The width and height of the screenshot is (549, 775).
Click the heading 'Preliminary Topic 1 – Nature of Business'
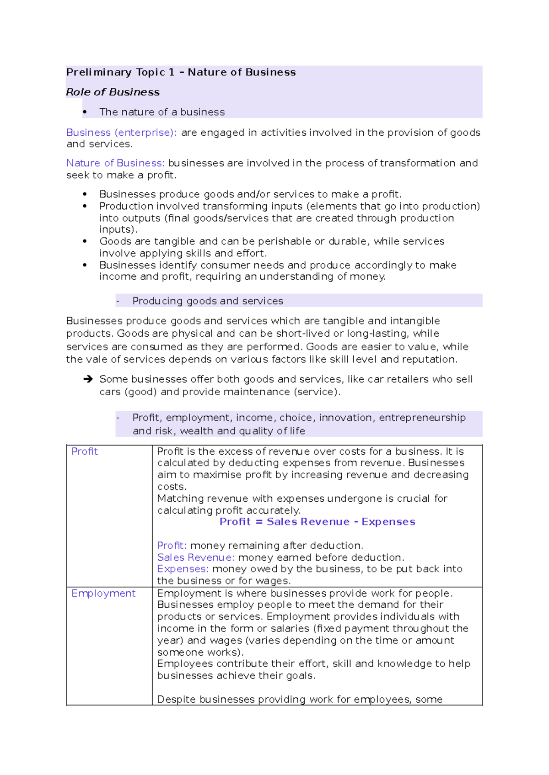click(181, 72)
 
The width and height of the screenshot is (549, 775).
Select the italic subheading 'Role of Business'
click(113, 92)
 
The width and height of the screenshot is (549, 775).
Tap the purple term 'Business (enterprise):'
click(121, 133)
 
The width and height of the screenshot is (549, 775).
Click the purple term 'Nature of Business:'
click(115, 163)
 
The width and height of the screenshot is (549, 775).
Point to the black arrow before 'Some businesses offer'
click(88, 379)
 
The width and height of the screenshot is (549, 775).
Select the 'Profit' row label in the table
click(85, 451)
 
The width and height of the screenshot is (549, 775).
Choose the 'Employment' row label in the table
click(103, 593)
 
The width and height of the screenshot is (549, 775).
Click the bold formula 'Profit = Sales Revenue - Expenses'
click(317, 522)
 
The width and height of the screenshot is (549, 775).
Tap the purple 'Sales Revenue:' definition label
click(195, 557)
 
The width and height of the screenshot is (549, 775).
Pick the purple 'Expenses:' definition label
click(183, 569)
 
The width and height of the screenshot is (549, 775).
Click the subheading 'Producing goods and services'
click(208, 301)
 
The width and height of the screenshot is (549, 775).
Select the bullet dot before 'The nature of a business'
click(85, 112)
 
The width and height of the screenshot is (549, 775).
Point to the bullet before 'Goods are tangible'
click(85, 241)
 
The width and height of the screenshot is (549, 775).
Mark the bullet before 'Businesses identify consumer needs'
click(85, 265)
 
